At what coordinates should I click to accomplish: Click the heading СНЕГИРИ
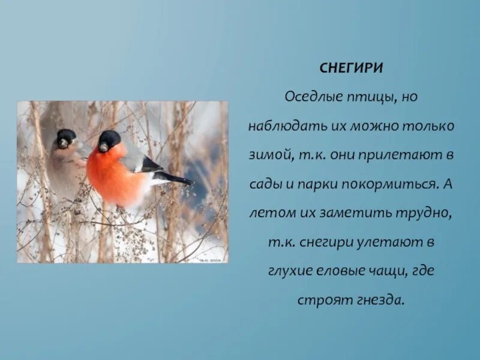tap(351, 68)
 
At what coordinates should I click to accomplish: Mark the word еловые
tap(338, 271)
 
